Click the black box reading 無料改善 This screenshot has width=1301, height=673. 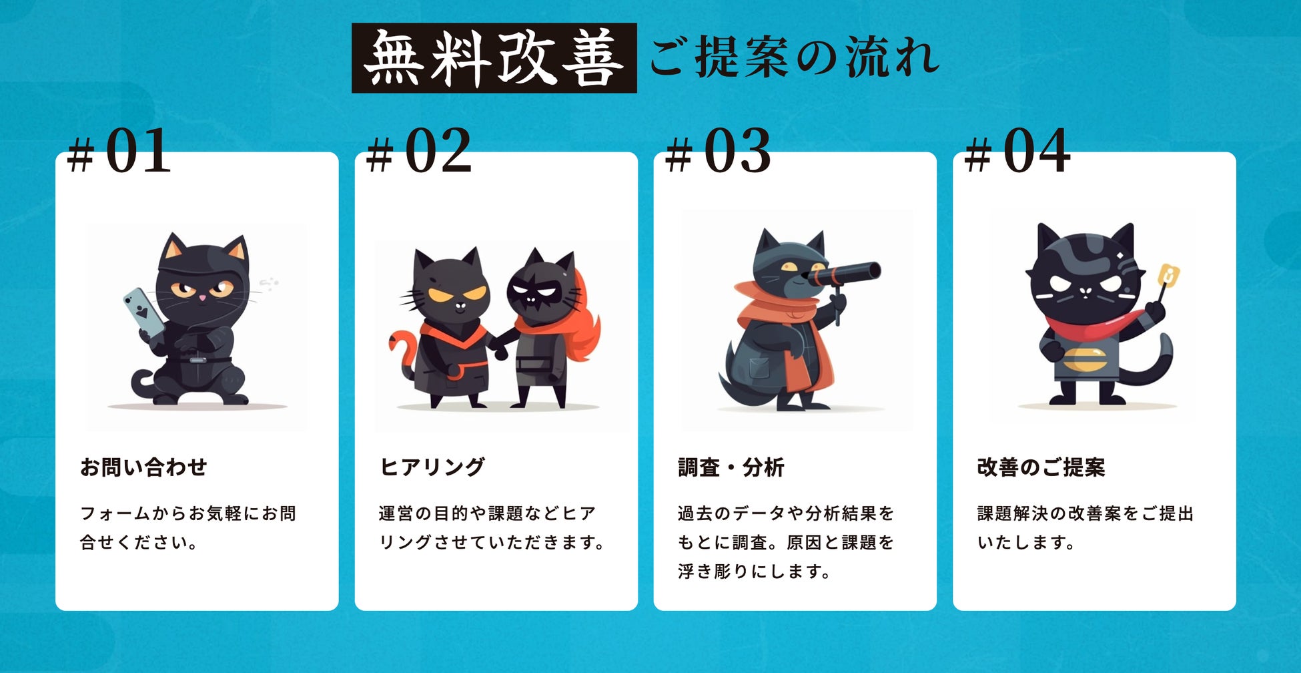(494, 58)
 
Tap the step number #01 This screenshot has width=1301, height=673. (119, 152)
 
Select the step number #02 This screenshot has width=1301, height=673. (419, 152)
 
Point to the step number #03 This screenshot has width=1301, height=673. (719, 152)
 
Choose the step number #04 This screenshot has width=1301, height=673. (1017, 152)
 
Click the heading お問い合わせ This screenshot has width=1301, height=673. (143, 467)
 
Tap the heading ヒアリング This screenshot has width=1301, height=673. (432, 467)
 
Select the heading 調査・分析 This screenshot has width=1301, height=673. (731, 467)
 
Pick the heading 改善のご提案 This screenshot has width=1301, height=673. (1041, 467)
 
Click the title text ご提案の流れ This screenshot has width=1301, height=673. (795, 58)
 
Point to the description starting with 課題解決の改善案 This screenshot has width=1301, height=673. (1086, 527)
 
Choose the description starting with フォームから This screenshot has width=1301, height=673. (188, 527)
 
